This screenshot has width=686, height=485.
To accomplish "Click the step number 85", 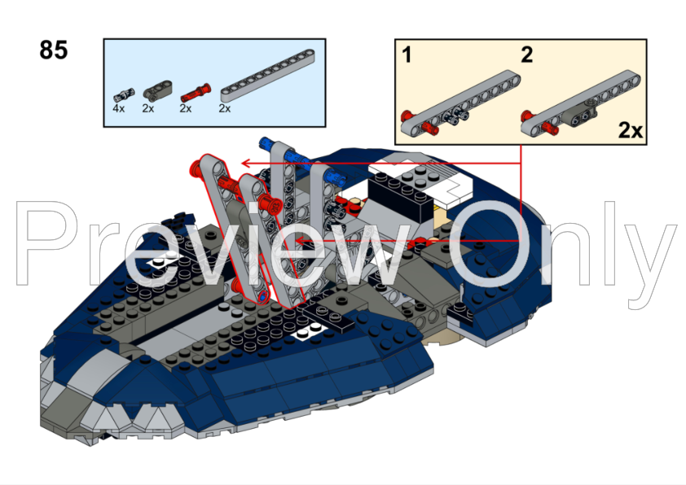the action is [x=54, y=50].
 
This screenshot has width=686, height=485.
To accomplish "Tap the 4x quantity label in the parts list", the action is [x=119, y=108].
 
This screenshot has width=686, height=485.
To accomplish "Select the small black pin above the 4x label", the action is [x=124, y=95].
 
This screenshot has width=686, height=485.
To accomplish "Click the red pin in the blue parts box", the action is [x=195, y=92].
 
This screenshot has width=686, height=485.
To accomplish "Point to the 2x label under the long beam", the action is [x=224, y=108].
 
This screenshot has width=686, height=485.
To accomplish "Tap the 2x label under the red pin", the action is [x=186, y=108].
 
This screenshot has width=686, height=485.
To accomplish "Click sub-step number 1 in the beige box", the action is [x=407, y=55].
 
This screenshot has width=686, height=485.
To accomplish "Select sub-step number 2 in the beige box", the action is [x=527, y=55].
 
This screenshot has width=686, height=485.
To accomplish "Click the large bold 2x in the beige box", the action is [x=630, y=129].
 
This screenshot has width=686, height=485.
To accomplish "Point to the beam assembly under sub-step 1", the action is [x=460, y=102].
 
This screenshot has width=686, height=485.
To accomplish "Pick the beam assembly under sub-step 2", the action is [x=581, y=102].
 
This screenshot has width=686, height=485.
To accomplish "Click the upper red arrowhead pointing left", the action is [x=246, y=164].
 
